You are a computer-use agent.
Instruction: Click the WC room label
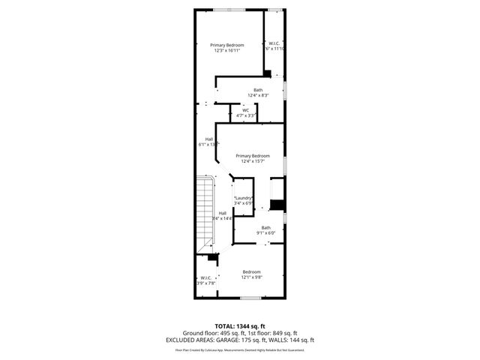tap(245, 110)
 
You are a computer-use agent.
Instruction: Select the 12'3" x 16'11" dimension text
tap(226, 51)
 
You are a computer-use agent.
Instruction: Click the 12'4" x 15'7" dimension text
tap(253, 161)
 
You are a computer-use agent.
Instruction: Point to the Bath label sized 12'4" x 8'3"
tap(258, 90)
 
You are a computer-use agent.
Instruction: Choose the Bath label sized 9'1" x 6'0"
tap(266, 227)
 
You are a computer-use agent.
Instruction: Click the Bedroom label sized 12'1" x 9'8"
tap(251, 271)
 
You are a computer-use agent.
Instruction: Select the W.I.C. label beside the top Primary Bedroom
tap(275, 44)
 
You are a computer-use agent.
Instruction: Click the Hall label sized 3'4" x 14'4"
tap(223, 213)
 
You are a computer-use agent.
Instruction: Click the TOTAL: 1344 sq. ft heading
tap(239, 326)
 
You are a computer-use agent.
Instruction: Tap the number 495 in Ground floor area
tap(220, 333)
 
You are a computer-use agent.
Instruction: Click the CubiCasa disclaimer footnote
tap(239, 350)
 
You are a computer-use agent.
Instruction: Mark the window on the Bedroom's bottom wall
tap(250, 298)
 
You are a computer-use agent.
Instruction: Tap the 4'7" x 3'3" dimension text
tap(246, 115)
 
